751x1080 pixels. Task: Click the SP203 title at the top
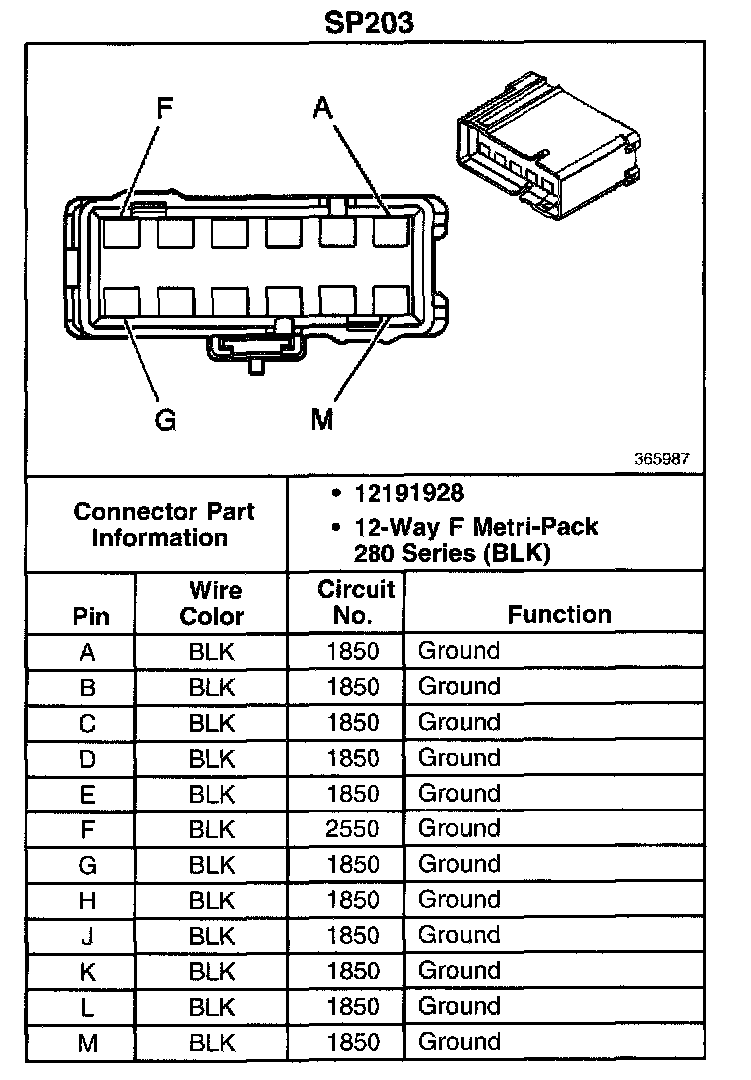pyautogui.click(x=369, y=22)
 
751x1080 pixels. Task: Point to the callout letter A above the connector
pyautogui.click(x=321, y=107)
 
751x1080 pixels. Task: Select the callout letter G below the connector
pyautogui.click(x=165, y=420)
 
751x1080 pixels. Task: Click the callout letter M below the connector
pyautogui.click(x=321, y=420)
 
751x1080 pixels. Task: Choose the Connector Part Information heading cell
pyautogui.click(x=164, y=524)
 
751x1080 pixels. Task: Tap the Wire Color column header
pyautogui.click(x=212, y=602)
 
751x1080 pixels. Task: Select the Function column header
pyautogui.click(x=559, y=614)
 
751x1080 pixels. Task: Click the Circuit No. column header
pyautogui.click(x=356, y=602)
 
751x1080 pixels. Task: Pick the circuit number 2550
pyautogui.click(x=353, y=828)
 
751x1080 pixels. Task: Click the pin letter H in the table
pyautogui.click(x=88, y=900)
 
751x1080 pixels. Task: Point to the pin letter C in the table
pyautogui.click(x=88, y=723)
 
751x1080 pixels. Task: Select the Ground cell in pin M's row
pyautogui.click(x=458, y=1042)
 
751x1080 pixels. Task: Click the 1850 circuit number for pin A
pyautogui.click(x=353, y=651)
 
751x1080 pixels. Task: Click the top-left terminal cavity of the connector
pyautogui.click(x=122, y=233)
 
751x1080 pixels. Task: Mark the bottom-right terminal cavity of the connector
pyautogui.click(x=390, y=302)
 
